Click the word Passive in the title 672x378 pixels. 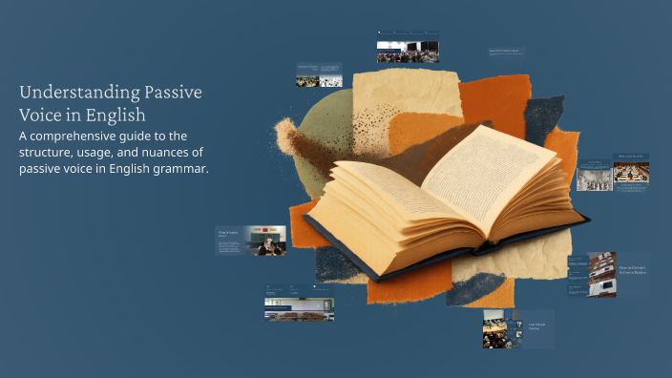171,93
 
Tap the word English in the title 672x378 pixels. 118,114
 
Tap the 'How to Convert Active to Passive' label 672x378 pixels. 632,271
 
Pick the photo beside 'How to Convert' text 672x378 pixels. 601,274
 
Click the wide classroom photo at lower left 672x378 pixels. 299,308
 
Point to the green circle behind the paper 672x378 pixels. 315,143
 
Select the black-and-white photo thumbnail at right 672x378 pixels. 595,176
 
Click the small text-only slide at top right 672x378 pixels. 505,52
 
